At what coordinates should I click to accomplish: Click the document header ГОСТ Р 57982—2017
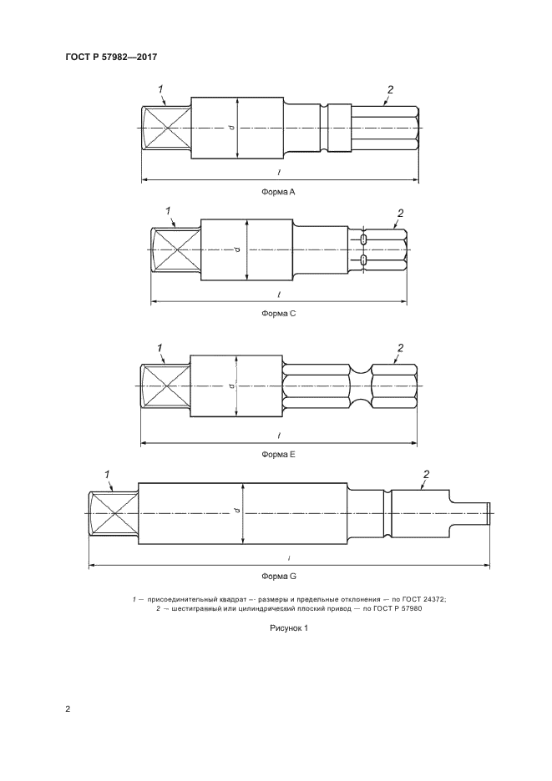111,57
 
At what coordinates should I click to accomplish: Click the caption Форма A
280,191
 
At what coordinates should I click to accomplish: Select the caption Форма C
280,314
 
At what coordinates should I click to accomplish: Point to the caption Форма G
280,577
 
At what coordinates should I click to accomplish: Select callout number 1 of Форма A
160,88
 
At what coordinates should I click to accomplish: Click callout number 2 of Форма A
390,89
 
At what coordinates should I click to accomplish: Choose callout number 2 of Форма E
400,348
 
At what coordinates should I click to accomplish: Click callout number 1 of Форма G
108,475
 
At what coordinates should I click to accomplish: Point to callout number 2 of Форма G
426,475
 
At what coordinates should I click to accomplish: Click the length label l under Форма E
279,436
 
